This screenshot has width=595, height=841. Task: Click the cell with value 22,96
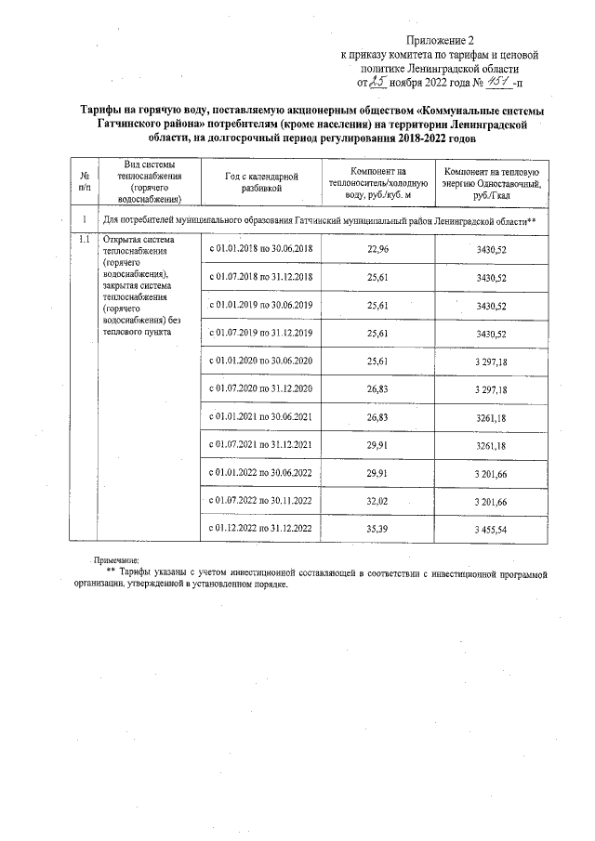pos(377,249)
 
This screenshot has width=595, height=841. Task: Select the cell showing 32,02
pos(377,500)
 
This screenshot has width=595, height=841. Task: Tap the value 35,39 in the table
pos(377,528)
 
